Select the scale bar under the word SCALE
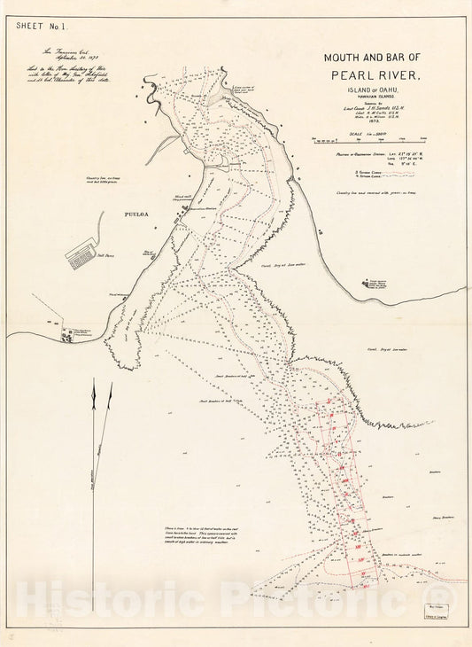tap(373, 138)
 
